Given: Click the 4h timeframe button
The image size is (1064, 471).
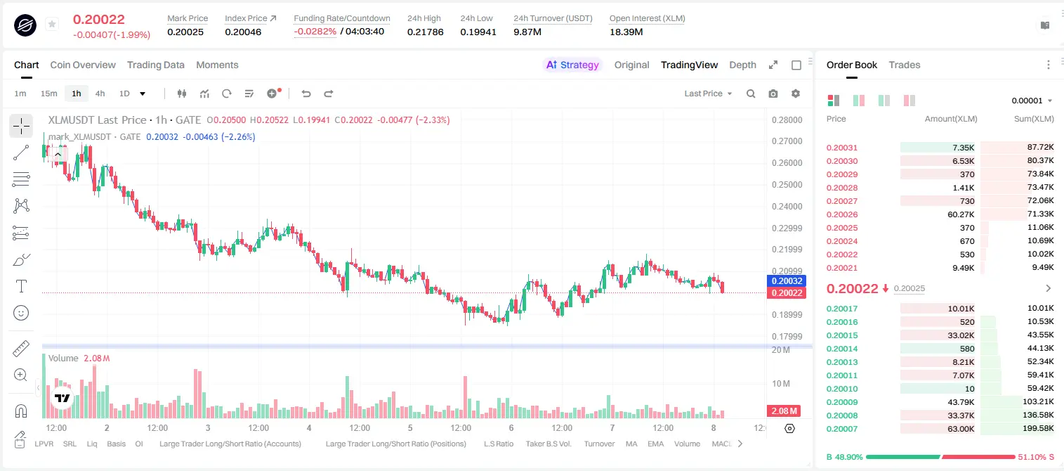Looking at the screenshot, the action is point(100,93).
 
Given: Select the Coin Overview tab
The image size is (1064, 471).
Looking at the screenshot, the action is point(83,65).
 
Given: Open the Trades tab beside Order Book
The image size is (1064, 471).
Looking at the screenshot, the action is point(905,65).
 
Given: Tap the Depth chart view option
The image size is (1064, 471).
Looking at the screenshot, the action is point(742,65).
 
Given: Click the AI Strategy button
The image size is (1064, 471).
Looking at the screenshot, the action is point(572,65).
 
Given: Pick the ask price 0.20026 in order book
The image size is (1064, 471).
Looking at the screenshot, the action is point(842,214).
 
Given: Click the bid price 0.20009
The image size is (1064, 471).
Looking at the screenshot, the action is point(842,402).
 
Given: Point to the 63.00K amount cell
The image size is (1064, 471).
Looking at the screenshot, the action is point(961,429).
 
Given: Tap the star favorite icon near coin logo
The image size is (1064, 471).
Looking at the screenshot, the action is point(52,24).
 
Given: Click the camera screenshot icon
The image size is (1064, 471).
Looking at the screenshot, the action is point(773,93).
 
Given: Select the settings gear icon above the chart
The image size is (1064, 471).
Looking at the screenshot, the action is point(796,93).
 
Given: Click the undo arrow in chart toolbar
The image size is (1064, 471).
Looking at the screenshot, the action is point(306,93).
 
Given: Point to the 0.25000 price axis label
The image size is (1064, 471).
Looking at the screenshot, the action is point(787,184).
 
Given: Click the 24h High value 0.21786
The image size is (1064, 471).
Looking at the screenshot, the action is point(425,32).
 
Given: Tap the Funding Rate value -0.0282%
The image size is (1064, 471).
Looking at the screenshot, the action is point(315,32).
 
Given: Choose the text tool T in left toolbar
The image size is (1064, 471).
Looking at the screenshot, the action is point(21,286).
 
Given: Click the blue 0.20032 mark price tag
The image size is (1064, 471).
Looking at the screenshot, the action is point(787,281).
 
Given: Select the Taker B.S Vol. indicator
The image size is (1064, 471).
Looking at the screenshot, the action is point(548,444).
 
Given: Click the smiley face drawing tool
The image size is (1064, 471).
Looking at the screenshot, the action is point(21,313).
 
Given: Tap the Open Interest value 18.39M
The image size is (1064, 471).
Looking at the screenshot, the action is point(626,32).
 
